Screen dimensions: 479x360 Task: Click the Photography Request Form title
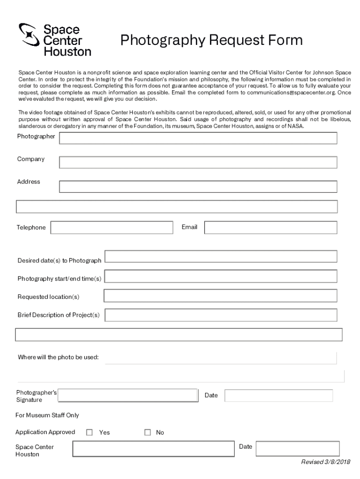211,41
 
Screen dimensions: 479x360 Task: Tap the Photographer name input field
198,138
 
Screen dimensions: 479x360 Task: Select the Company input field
198,162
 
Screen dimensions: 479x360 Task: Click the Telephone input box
112,227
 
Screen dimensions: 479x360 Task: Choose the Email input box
271,227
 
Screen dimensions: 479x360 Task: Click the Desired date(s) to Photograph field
221,256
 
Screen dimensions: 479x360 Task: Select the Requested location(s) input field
220,296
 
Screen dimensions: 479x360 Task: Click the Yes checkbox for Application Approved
90,432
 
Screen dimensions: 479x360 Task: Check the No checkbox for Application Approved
148,432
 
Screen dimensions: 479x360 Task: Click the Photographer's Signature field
128,396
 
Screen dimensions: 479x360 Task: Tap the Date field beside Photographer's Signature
279,396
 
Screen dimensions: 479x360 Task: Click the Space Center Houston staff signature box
153,449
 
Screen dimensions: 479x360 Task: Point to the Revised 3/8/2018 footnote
325,462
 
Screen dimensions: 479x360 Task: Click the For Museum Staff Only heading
47,415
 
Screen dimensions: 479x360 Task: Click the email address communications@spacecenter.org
291,93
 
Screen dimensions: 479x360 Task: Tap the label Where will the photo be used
58,357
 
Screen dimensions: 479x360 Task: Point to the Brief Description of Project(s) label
59,315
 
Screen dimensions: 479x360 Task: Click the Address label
29,181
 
